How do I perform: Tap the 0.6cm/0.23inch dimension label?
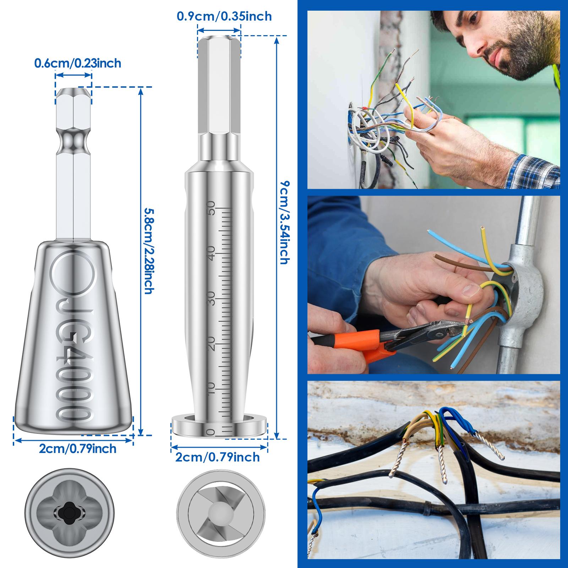click(78, 63)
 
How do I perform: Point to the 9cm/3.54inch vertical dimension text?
click(284, 223)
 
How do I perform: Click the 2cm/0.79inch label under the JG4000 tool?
click(78, 449)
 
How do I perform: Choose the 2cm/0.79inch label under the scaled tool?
click(218, 457)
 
